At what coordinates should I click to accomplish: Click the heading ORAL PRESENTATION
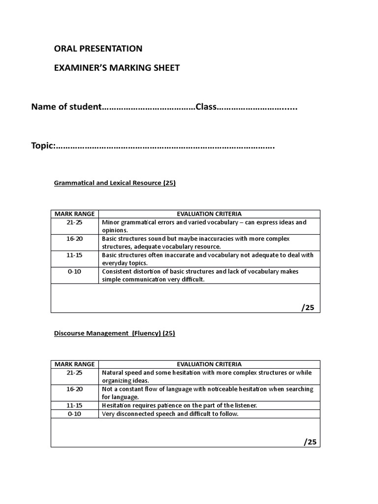pos(98,48)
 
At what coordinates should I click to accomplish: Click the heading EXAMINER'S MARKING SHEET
pos(117,68)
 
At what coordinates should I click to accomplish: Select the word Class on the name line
pos(207,107)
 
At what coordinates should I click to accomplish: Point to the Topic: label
pos(43,146)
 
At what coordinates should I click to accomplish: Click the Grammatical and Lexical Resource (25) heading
pos(114,183)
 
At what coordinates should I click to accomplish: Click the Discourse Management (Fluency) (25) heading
pos(114,333)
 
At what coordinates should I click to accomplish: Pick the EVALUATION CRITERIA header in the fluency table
pos(209,364)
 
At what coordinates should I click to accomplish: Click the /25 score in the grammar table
pos(308,308)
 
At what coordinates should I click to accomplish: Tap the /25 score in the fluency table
pos(310,442)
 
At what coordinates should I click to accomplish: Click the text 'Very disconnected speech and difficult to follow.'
pos(170,414)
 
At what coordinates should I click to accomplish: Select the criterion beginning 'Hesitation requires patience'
pos(179,405)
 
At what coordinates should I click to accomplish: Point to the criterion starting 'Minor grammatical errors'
pos(204,226)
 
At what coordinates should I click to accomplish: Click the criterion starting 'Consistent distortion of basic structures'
pos(200,276)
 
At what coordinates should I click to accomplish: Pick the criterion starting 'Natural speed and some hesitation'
pos(207,377)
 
